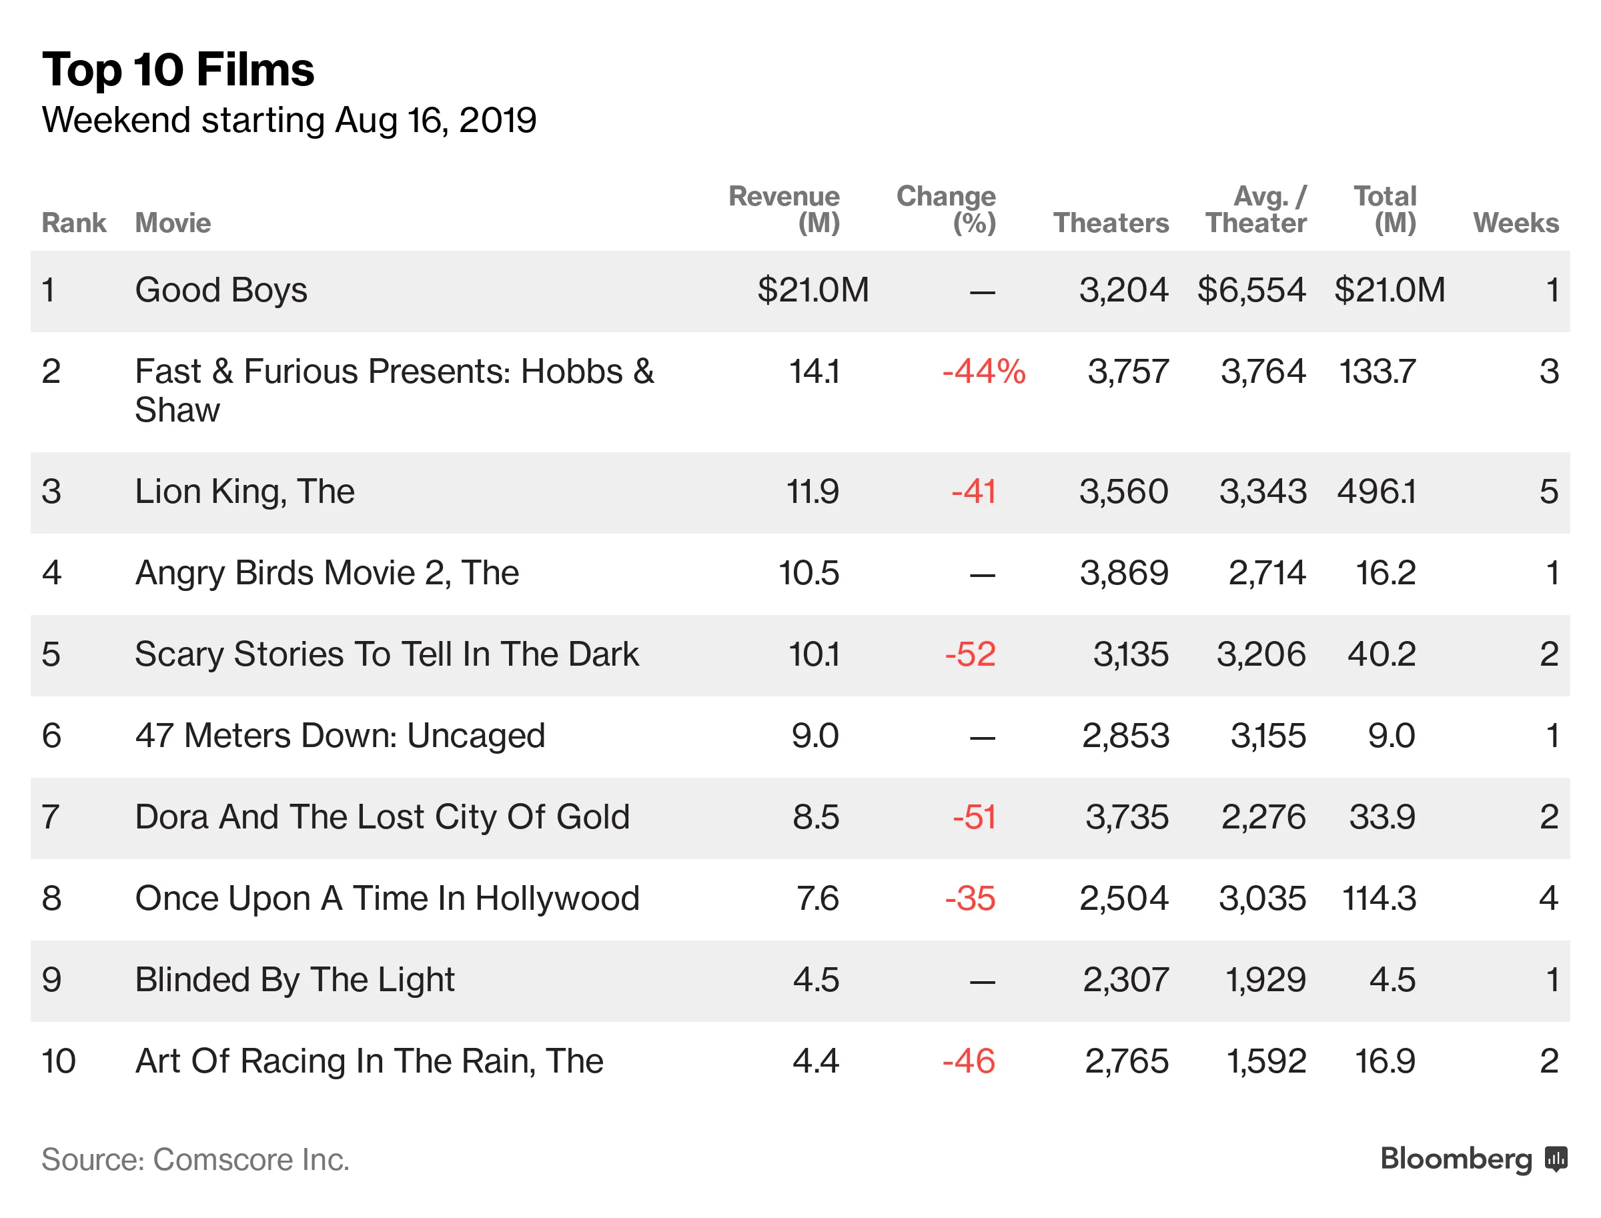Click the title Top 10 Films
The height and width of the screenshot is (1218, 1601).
click(x=177, y=69)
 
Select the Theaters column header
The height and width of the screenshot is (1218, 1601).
click(x=1110, y=223)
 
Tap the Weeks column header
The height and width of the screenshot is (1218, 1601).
click(x=1515, y=223)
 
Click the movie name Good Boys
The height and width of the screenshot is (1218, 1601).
click(x=221, y=290)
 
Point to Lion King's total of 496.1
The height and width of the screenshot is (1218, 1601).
click(x=1376, y=492)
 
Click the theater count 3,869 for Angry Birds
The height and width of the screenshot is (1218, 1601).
click(x=1123, y=573)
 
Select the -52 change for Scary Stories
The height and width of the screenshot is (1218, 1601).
click(x=969, y=654)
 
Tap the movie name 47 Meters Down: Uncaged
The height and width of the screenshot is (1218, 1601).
click(x=340, y=735)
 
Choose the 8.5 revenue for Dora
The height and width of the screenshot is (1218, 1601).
click(x=815, y=817)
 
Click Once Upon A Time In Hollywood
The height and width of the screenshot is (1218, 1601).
click(x=387, y=898)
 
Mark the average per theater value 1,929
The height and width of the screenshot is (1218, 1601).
click(x=1265, y=979)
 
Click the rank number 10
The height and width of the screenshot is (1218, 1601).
click(x=58, y=1061)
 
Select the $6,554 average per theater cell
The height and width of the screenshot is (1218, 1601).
click(x=1251, y=290)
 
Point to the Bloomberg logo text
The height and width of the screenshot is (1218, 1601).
click(x=1456, y=1159)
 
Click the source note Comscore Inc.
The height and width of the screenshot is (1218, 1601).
click(x=250, y=1159)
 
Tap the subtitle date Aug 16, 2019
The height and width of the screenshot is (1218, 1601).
click(x=435, y=120)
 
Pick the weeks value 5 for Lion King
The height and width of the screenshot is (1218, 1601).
click(x=1548, y=492)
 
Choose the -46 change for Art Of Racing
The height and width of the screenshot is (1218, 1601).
click(x=968, y=1061)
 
